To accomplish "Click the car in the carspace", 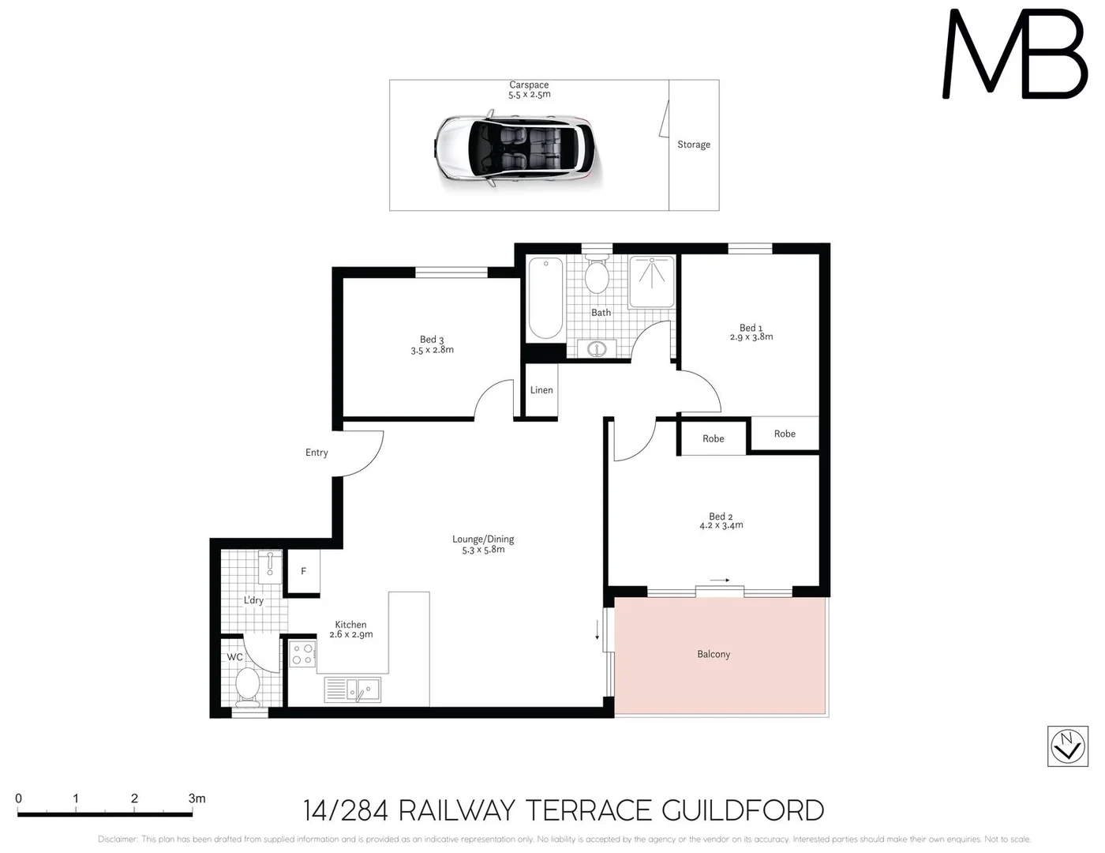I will point(518,149).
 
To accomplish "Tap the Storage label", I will point(693,145).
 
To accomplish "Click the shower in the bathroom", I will point(652,281).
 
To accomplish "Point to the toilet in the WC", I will point(247,686).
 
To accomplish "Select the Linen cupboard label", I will point(541,390).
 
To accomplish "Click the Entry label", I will point(317,453).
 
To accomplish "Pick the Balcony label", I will point(714,654).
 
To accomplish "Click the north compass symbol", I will point(1067,746).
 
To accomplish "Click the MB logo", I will point(1015,55).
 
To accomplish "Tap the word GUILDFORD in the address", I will point(742,810).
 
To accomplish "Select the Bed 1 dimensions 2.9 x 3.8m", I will point(751,337).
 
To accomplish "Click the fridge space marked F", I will point(303,571).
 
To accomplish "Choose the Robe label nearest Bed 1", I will point(785,434).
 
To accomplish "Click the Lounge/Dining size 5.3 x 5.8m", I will point(483,550).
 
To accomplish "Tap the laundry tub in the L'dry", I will point(269,566).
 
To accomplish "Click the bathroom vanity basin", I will point(597,348).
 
